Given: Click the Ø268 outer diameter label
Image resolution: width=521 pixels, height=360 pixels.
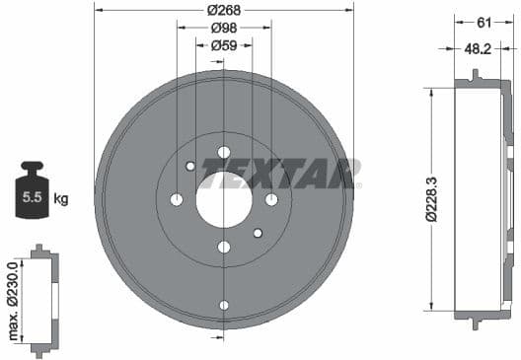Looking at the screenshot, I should coord(224,10).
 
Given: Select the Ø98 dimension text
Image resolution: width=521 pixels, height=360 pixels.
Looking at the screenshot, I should coord(224,28).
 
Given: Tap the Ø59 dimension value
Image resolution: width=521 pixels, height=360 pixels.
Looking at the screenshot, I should coord(224,44).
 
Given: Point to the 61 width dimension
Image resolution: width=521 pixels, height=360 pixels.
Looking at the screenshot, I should coord(484,22).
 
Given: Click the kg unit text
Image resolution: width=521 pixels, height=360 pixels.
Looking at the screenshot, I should coord(61,199).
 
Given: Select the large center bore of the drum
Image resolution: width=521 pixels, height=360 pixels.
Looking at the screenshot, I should coord(224,199).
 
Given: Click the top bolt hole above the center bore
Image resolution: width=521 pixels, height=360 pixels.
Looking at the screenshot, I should coord(224,152).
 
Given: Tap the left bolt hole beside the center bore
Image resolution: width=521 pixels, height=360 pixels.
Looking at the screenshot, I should coord(177,199).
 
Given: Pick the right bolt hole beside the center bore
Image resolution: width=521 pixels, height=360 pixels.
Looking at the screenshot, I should coord(271,199).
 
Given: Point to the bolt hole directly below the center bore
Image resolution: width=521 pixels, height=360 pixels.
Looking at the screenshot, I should coord(224,247).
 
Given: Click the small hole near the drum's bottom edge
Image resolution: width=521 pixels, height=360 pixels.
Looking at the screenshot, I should coord(224,305).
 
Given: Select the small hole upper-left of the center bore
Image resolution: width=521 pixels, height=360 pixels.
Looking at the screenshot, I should coord(190,166).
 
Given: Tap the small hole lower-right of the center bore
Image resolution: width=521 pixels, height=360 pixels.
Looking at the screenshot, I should coord(258,233).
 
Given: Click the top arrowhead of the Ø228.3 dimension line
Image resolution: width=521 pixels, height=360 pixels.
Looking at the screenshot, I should coord(430,91).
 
